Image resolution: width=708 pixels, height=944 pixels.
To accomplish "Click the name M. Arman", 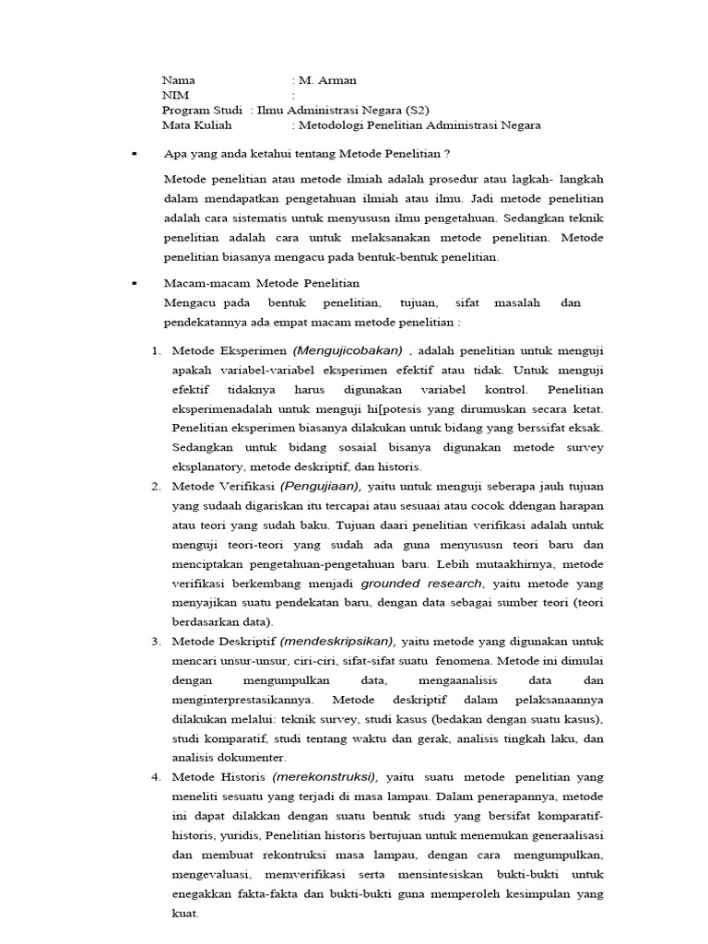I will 328,80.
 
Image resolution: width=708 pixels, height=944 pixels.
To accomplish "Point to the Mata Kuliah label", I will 197,125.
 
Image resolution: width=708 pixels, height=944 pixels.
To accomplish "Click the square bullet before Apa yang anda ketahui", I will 135,153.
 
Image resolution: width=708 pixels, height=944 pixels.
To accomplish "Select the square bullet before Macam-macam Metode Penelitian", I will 135,283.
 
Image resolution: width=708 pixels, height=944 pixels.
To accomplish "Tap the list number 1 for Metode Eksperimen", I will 156,350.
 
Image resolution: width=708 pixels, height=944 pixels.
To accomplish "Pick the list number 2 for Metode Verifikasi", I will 156,486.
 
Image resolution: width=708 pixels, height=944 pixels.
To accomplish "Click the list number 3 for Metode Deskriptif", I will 156,641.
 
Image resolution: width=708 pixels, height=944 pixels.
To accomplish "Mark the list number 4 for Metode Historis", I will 156,776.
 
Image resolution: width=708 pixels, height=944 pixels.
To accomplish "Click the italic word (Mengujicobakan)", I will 348,350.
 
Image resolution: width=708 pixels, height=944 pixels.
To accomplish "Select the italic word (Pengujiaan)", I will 321,486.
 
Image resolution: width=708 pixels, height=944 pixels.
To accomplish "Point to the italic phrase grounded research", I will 421,583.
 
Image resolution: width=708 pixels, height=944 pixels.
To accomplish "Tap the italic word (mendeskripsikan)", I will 337,641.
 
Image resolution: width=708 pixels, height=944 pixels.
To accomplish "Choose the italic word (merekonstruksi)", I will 325,776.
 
